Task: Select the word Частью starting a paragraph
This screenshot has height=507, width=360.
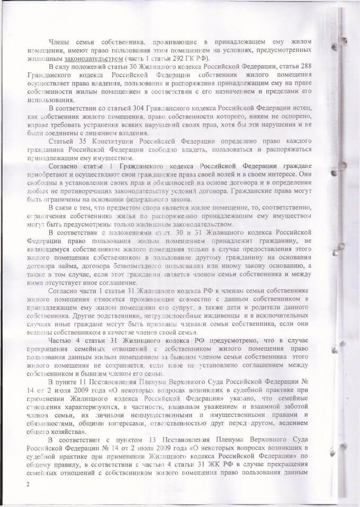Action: [x=60, y=340]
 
